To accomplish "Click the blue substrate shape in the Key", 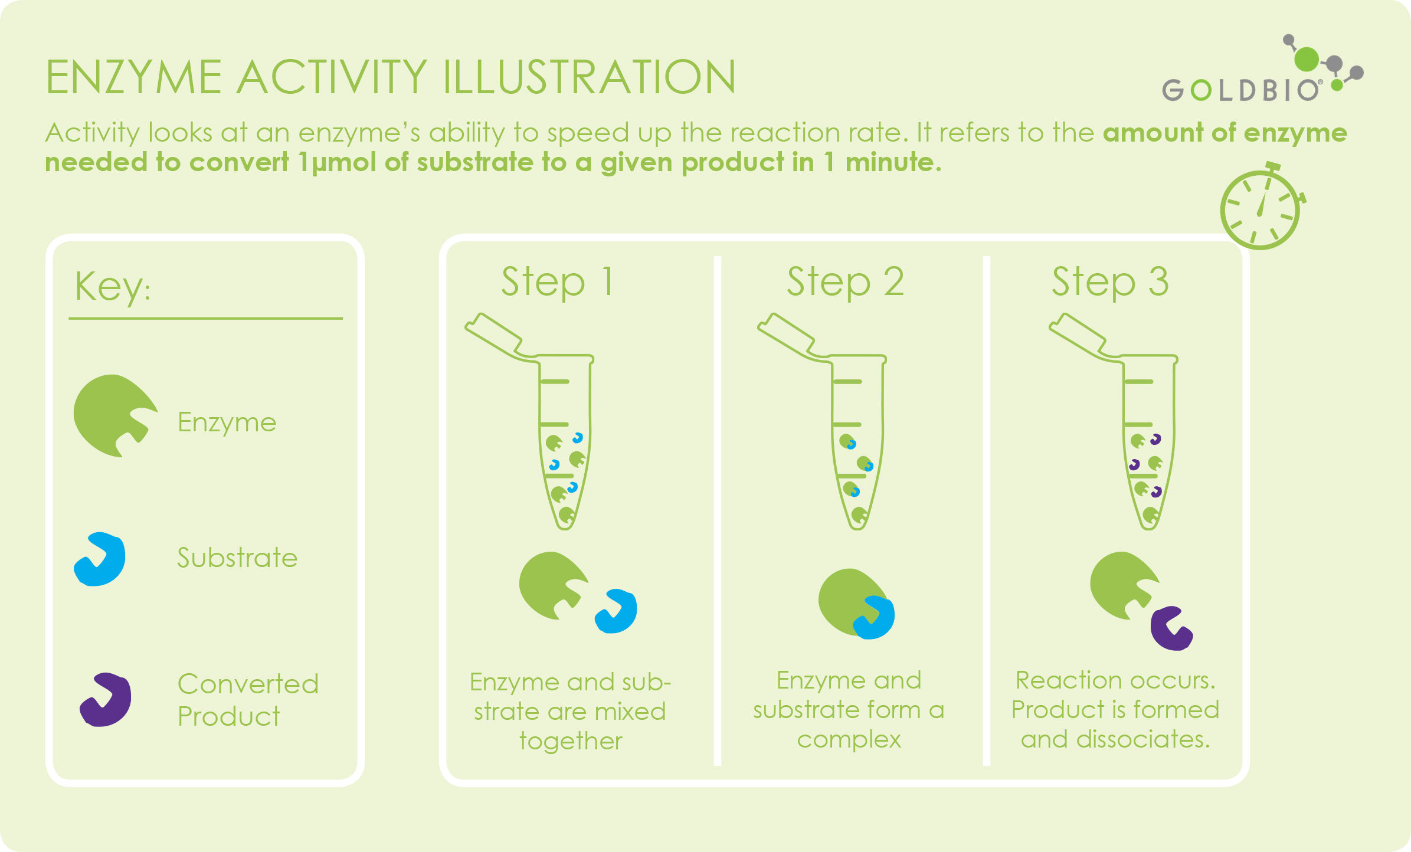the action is click(99, 559).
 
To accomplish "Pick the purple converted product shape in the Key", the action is click(106, 699).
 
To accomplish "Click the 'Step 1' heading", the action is click(558, 281).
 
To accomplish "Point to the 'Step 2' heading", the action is click(845, 281).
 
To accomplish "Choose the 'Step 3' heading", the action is click(1110, 281).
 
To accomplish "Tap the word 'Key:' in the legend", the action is click(112, 286).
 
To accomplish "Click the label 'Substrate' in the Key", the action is click(237, 558).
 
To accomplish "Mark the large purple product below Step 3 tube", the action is click(1172, 628).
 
